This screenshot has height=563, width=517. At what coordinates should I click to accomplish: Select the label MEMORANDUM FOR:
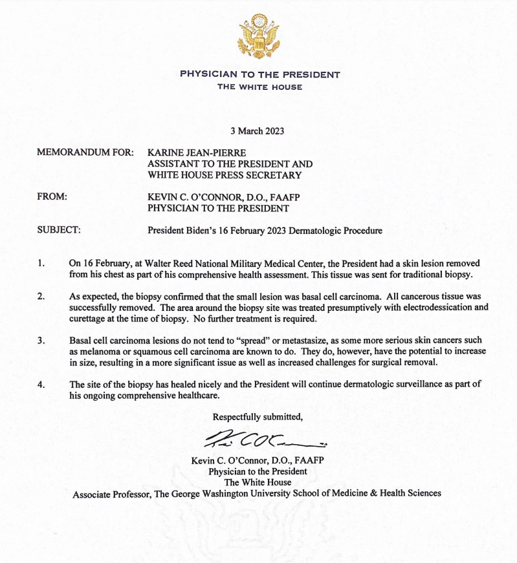coord(85,153)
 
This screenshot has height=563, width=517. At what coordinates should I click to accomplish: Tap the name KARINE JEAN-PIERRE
coord(188,153)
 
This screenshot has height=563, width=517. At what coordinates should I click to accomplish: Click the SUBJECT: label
coord(59,230)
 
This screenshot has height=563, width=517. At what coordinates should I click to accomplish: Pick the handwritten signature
coord(265,441)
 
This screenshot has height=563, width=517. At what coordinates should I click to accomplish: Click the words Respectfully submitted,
coord(258,417)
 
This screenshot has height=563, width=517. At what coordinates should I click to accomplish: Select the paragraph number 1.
coord(41,264)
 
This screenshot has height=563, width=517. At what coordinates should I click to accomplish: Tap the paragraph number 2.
coord(41,296)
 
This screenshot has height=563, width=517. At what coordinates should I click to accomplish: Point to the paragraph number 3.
coord(41,340)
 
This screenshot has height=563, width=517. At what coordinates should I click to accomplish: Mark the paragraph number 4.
coord(41,385)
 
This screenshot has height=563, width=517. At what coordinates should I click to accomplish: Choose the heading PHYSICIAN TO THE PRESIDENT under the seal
coord(259,75)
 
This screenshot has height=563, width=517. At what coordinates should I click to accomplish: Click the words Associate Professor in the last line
coord(110,493)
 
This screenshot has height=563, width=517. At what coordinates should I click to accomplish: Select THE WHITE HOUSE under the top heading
coord(259,87)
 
